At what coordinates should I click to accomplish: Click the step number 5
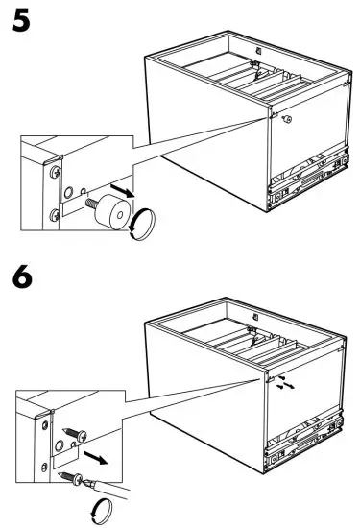pos(21,21)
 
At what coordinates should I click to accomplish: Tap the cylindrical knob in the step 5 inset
pos(112,211)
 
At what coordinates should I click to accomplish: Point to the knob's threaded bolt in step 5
pos(91,204)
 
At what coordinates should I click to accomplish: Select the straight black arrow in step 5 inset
pos(122,191)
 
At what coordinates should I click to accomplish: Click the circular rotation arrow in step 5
pos(142,225)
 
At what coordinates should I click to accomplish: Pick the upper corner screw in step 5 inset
pos(55,173)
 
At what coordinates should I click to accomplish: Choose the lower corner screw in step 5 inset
pos(55,215)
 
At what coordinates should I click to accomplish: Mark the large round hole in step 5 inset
pos(68,193)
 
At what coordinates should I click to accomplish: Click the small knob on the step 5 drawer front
pos(287,119)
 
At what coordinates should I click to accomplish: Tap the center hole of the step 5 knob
pos(120,215)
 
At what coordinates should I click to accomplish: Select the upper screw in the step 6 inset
pos(76,434)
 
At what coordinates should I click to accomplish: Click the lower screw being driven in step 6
pos(70,478)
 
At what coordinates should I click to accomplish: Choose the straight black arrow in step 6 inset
pos(96,458)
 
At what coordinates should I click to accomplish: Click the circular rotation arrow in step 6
pos(102,511)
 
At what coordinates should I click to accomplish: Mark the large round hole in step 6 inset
pos(60,446)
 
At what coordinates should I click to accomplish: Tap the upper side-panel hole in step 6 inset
pos(45,425)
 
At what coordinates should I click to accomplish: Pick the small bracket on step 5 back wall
pos(258,51)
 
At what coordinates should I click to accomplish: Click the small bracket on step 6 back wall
pos(255,317)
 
